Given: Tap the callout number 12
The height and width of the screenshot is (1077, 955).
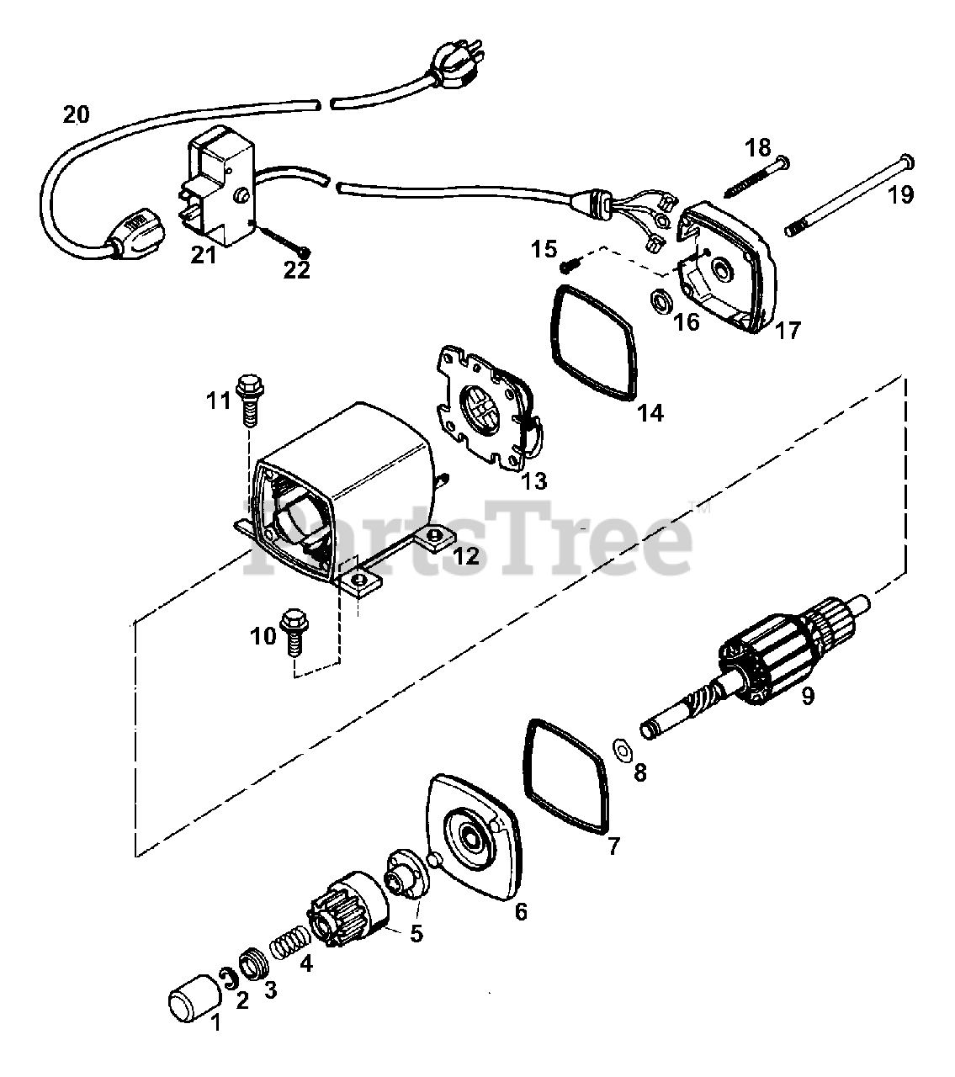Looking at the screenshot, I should (465, 556).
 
